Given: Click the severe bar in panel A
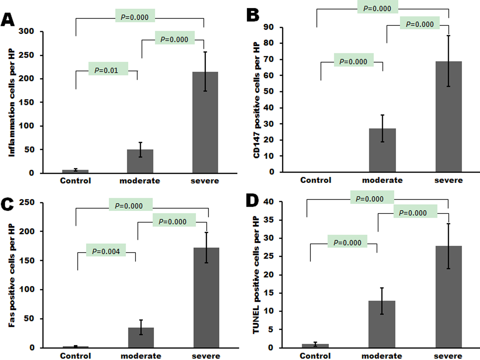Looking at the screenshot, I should point(205,122).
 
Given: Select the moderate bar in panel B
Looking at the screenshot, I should point(382,150).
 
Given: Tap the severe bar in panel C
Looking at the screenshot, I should point(206,298).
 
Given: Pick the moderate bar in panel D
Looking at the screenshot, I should point(382,324).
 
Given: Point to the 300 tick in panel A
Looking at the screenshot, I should point(26,31).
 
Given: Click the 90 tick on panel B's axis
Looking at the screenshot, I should point(268,27).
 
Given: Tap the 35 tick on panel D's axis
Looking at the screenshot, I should point(268,220).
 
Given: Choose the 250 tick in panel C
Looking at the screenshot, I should point(27,203).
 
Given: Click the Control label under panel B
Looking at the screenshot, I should point(315,180).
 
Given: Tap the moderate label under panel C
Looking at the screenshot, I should point(141,356).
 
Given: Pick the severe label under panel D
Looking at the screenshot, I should point(448,356).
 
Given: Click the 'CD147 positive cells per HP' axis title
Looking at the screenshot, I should point(256,100).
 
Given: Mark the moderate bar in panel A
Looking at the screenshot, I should point(140,161).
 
